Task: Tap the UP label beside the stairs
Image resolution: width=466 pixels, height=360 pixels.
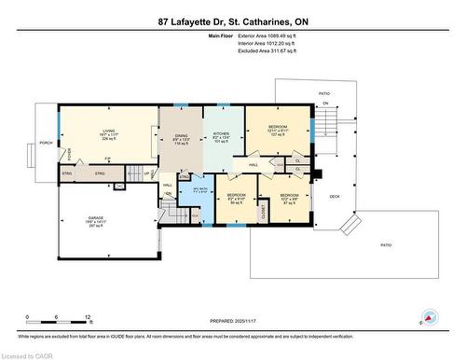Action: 147,173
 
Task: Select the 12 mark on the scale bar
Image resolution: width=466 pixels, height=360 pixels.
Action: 87,319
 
